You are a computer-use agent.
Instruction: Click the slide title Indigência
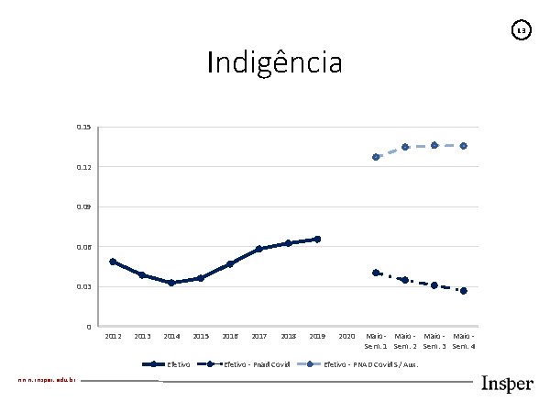click(274, 63)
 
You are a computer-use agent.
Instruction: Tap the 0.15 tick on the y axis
click(83, 127)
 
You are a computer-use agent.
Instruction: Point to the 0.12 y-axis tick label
click(83, 167)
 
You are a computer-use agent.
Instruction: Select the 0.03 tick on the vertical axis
click(83, 287)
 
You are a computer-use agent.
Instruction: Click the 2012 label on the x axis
click(113, 337)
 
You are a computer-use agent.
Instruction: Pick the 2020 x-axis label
click(346, 337)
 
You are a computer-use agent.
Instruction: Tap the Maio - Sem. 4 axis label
click(464, 341)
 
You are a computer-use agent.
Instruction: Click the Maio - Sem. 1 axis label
click(376, 341)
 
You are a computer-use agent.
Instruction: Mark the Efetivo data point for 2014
click(171, 283)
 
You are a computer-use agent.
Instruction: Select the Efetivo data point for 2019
click(317, 239)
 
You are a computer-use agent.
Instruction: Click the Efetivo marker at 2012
click(113, 262)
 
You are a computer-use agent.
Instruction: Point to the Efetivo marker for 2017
click(259, 249)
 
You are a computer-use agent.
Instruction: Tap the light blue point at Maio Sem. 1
click(376, 157)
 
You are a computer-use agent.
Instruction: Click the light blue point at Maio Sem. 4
click(464, 146)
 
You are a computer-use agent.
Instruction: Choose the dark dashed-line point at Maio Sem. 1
click(376, 273)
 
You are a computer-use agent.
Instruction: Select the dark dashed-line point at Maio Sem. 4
click(464, 291)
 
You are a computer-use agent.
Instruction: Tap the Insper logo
click(506, 384)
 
